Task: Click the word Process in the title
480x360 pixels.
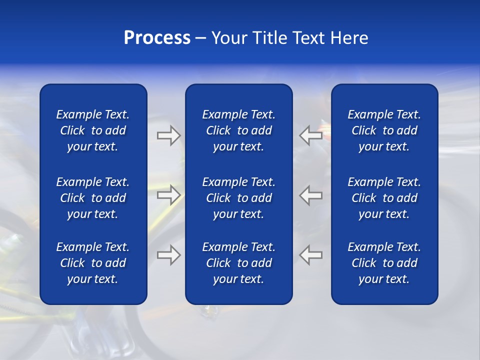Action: (157, 38)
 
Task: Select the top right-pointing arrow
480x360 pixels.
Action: (168, 135)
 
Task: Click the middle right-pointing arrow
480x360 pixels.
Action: (168, 195)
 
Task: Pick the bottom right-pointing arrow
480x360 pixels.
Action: (168, 255)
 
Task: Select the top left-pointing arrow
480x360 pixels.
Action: (310, 135)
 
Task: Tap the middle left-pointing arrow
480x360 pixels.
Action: (310, 195)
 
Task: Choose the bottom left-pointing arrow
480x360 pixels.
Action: (310, 255)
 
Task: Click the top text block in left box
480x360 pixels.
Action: (93, 130)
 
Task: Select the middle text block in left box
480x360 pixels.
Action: (93, 198)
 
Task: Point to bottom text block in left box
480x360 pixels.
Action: (93, 263)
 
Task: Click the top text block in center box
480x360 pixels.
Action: (239, 130)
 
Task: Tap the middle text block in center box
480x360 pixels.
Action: (239, 198)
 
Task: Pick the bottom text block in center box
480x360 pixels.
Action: (239, 263)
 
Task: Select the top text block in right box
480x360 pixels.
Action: (384, 130)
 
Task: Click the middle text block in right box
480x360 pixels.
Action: (384, 198)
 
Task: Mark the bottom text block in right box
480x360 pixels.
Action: (384, 263)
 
